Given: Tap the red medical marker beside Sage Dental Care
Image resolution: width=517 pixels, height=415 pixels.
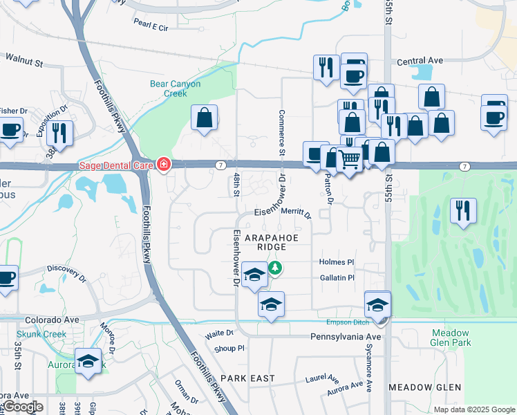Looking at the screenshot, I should point(164,165).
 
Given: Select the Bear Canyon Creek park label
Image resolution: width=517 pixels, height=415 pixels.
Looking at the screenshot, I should point(176,89).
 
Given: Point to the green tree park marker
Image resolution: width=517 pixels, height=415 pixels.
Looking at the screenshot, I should point(275,267).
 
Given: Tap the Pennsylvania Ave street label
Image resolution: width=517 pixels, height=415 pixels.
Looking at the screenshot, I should point(346,336).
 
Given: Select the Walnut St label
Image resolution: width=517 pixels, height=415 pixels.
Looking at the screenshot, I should point(24,62).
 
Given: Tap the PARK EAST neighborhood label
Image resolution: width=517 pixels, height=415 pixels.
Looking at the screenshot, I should point(247,378).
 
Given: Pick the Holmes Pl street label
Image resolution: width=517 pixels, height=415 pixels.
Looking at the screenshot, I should point(337,262).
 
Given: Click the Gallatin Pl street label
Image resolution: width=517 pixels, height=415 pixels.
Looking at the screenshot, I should point(337,277).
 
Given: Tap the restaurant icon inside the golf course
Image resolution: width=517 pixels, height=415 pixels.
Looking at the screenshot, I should point(461,210).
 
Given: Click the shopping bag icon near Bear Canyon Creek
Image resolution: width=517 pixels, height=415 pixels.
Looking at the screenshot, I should point(205,118).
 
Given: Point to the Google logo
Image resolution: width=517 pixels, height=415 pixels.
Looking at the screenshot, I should point(22,407).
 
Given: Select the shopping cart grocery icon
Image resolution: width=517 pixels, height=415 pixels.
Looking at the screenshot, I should point(350,160).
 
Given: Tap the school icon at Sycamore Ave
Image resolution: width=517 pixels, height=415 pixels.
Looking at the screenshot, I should point(378,304).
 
